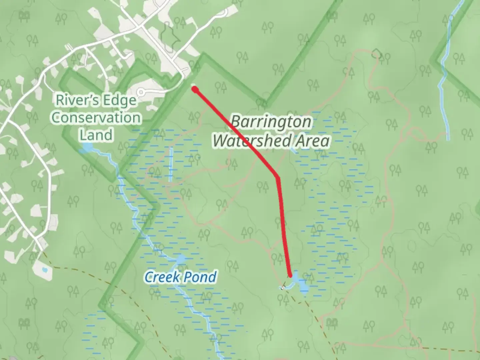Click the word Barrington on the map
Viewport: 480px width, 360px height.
pyautogui.click(x=271, y=122)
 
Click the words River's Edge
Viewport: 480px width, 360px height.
pyautogui.click(x=96, y=100)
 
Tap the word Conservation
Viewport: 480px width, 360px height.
pyautogui.click(x=96, y=118)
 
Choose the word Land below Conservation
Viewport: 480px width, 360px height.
pyautogui.click(x=96, y=135)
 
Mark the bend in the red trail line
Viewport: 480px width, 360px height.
pyautogui.click(x=277, y=177)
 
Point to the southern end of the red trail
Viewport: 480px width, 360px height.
pyautogui.click(x=291, y=275)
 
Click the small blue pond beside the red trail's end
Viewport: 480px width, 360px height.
pyautogui.click(x=303, y=285)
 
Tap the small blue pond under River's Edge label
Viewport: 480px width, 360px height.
pyautogui.click(x=87, y=147)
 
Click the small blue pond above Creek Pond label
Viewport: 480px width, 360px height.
pyautogui.click(x=180, y=259)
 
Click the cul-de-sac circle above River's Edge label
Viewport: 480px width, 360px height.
pyautogui.click(x=141, y=92)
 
